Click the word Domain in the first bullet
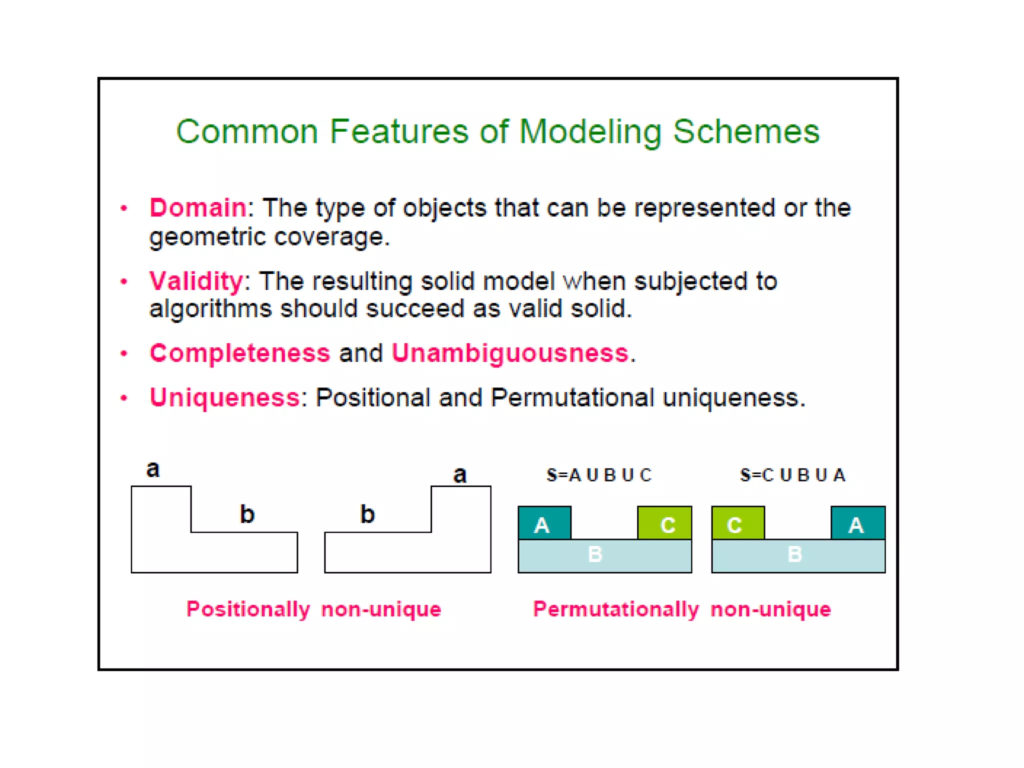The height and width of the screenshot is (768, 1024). (197, 207)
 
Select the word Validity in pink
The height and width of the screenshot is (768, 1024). (196, 280)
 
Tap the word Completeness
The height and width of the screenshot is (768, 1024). (240, 353)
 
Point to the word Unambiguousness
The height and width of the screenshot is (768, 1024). (510, 353)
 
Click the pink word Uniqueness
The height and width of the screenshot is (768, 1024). (224, 398)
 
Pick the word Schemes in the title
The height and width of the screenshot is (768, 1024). (746, 131)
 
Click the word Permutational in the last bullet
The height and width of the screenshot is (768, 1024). (572, 398)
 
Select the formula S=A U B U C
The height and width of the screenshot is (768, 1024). (599, 475)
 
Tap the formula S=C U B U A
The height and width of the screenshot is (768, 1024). (793, 475)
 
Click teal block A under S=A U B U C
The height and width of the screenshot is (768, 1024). (544, 523)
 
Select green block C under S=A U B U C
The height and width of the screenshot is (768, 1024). (665, 523)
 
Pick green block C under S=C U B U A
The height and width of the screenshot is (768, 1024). (738, 523)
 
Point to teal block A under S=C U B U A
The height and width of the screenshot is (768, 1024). (858, 523)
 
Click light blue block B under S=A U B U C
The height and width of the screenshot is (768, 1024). (605, 555)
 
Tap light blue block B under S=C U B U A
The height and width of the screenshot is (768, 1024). (798, 555)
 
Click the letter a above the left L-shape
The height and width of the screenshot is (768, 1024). (153, 469)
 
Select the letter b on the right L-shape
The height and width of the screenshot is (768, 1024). (367, 514)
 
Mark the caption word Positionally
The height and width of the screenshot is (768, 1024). (248, 609)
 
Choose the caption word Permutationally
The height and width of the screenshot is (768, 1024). (615, 609)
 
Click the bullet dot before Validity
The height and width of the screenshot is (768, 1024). (124, 282)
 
